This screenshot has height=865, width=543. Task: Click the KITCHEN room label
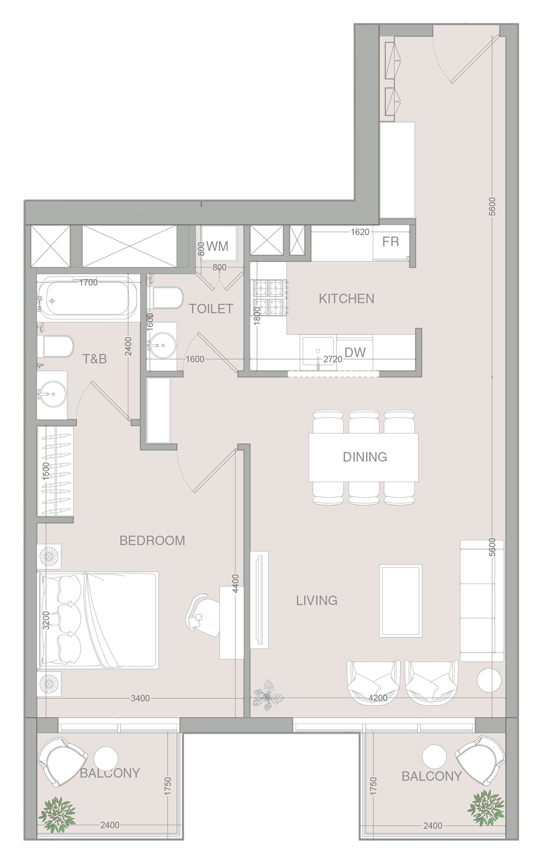(346, 299)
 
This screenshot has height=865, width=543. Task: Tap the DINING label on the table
(365, 457)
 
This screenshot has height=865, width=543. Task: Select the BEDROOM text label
(152, 541)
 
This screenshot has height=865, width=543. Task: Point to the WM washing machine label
(217, 246)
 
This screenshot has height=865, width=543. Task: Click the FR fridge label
(391, 242)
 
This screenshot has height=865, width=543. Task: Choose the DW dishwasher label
(355, 352)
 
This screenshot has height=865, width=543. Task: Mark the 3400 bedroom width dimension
(140, 698)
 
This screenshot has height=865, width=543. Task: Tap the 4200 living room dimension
(378, 698)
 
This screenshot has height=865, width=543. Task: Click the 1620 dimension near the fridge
(360, 232)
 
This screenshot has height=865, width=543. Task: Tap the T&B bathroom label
(95, 359)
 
